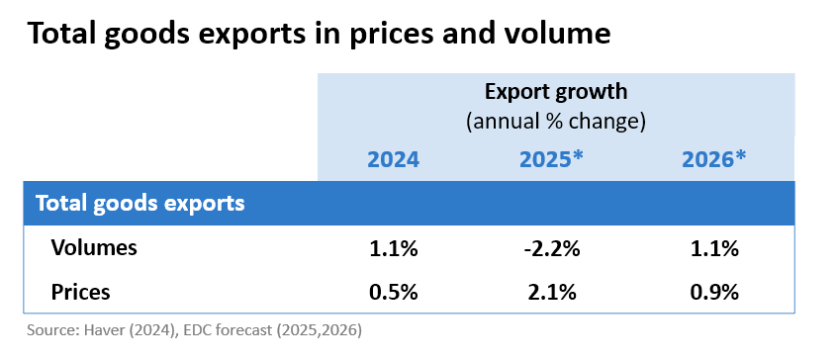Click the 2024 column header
394,159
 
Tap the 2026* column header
713,159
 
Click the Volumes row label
94,249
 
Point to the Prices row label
81,293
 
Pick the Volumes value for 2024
394,249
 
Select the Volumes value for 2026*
713,249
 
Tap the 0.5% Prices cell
394,293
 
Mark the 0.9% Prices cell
713,293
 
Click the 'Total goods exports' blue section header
140,204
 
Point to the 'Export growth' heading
556,92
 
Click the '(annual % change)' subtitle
556,122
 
